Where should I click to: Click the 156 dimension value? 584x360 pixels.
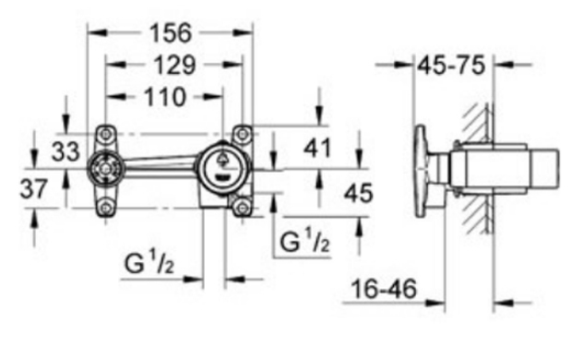click(171, 33)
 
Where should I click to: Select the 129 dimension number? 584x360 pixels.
click(174, 66)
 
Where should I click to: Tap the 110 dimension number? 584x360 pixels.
click(164, 97)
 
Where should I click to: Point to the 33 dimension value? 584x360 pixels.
click(66, 151)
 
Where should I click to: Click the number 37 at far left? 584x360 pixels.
click(34, 188)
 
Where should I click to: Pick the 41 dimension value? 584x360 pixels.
click(317, 148)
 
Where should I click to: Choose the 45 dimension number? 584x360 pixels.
click(358, 193)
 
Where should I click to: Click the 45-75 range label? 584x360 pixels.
click(451, 66)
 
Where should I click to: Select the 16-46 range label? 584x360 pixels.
click(384, 289)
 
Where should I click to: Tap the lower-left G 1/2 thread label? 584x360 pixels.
click(149, 263)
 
